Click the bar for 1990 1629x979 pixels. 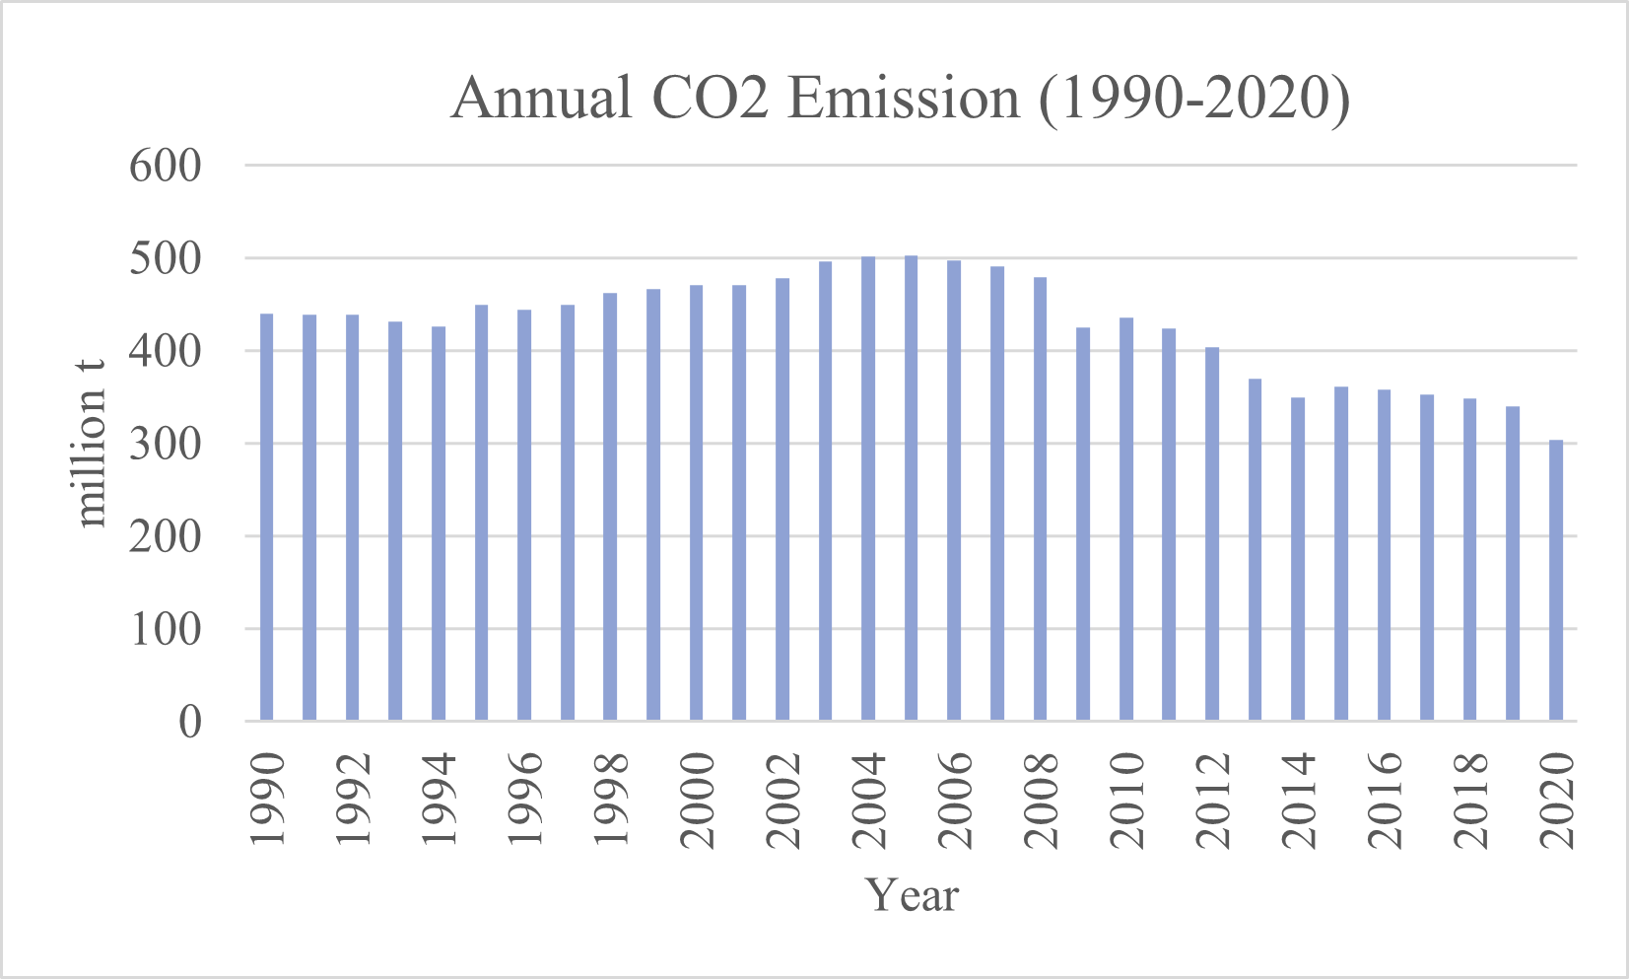coord(266,518)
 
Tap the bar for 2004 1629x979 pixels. coord(868,488)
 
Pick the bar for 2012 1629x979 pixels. coord(1212,533)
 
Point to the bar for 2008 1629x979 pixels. coord(1040,499)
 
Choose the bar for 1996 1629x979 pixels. coord(524,515)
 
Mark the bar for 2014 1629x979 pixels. coord(1298,559)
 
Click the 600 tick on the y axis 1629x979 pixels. coord(165,166)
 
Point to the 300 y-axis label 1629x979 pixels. coord(165,444)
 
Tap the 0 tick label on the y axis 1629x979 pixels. coord(189,722)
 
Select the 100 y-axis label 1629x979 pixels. coord(165,629)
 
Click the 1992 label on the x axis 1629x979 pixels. coord(353,800)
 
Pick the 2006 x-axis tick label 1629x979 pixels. coord(955,800)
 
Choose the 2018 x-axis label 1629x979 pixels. coord(1471,800)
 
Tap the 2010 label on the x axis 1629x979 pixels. coord(1127,800)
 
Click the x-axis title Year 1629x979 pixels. coord(912,895)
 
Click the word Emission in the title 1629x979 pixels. coord(904,99)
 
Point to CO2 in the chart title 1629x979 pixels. coord(710,99)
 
